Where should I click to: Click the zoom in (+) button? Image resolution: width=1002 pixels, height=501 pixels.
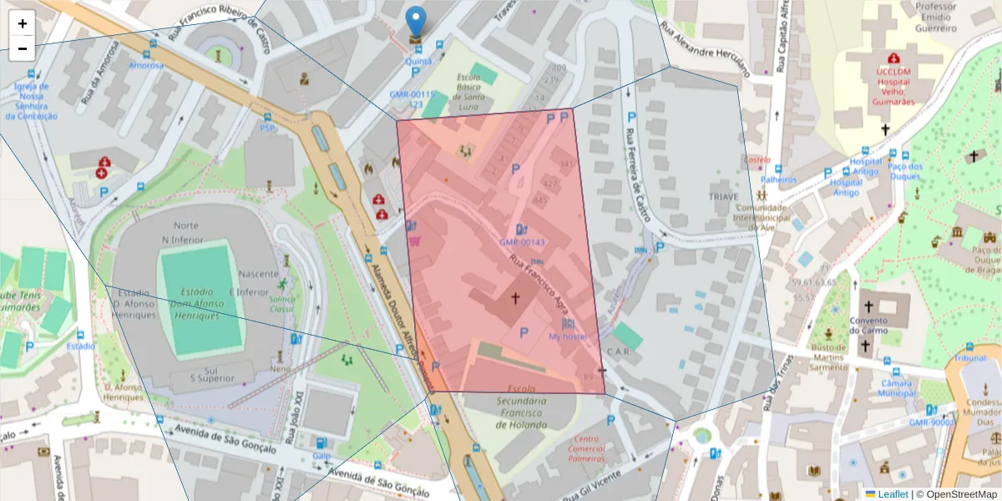pos(23,23)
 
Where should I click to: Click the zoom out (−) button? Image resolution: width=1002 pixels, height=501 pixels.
pos(23,48)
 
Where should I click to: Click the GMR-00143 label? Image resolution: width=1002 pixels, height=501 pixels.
pos(522,242)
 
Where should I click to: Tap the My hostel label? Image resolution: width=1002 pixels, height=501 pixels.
pos(568,337)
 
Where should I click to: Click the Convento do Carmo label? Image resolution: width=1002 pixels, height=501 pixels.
pos(868,326)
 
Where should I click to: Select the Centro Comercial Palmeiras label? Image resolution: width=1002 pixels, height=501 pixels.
pos(585,449)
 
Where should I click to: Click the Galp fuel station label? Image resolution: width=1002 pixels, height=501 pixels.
pos(321,456)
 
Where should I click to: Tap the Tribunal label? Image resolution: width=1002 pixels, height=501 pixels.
pos(969,357)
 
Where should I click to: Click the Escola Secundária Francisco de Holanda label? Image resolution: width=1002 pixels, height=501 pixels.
pos(521,407)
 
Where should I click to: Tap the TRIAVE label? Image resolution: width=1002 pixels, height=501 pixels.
pos(723,195)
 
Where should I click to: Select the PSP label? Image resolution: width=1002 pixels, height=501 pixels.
pos(267,128)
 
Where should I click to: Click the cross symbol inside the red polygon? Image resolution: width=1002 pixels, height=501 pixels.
pos(515,298)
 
